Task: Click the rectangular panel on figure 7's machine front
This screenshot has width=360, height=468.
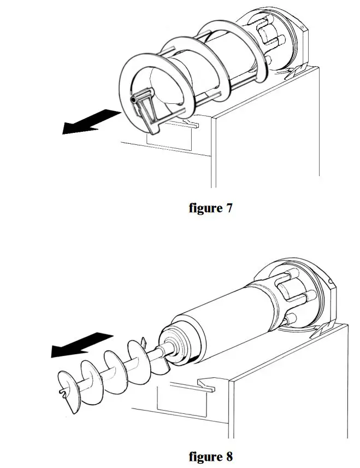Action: tap(169, 139)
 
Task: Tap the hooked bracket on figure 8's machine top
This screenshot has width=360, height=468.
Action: tap(206, 384)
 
